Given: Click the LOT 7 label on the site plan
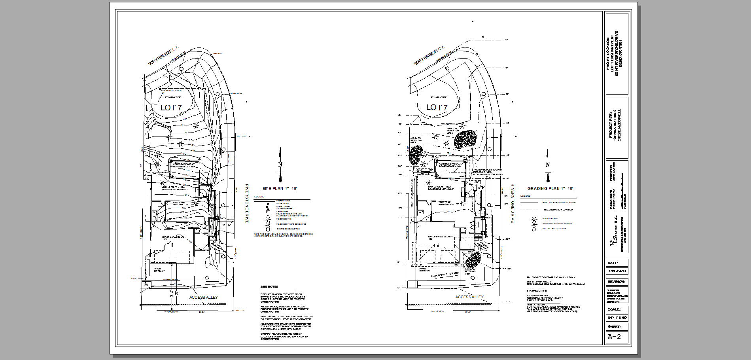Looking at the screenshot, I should (171, 108).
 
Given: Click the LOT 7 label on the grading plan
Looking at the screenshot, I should (437, 107).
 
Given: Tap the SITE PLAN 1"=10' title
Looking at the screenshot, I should (280, 189).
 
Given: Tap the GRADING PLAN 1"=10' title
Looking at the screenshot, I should (550, 189).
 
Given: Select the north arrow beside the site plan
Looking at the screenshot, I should (280, 165).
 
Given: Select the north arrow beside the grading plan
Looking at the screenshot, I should (548, 165).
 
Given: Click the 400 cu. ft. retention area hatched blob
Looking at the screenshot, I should (465, 139).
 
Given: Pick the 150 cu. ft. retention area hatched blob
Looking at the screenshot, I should (473, 260).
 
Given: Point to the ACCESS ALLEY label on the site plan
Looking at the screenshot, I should (203, 297).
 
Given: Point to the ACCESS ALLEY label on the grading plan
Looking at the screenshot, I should (469, 297).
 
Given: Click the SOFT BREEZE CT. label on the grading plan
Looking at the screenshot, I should (429, 56).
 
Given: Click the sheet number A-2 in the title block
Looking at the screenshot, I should (614, 337).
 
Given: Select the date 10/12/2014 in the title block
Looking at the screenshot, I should (617, 271).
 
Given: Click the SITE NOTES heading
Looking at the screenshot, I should (269, 286).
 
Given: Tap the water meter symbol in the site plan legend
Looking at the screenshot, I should (268, 204).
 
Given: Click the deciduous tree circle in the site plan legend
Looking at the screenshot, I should (268, 229).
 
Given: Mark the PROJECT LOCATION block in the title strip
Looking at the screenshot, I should (617, 53).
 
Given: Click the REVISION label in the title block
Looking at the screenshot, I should (617, 282).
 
